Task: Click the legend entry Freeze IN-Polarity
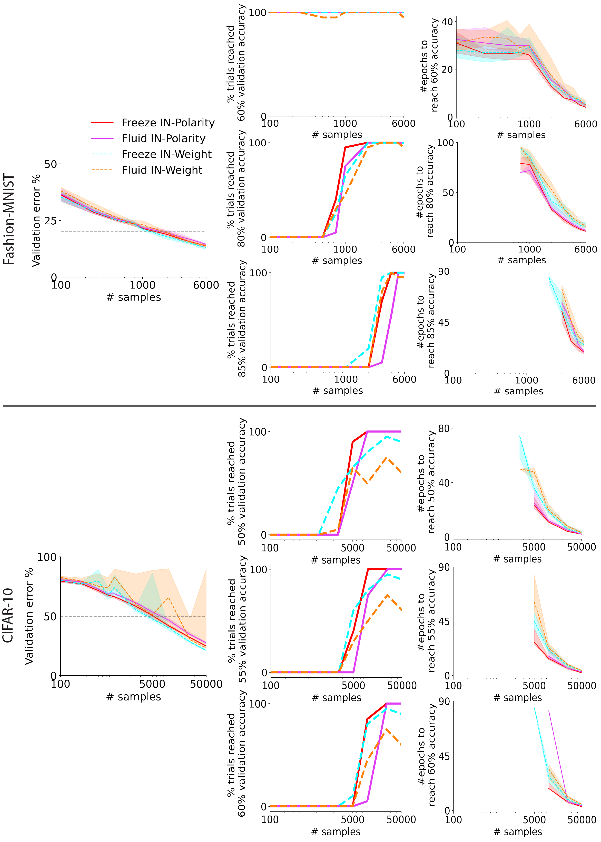click(168, 123)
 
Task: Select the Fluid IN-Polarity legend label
click(163, 138)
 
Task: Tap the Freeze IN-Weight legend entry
click(166, 154)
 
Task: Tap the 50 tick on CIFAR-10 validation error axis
click(50, 616)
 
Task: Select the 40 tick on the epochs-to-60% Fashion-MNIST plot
click(447, 22)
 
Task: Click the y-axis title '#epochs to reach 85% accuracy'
click(426, 320)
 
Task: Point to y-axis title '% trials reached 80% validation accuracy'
click(236, 189)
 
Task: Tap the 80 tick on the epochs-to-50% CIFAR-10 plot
click(444, 428)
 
